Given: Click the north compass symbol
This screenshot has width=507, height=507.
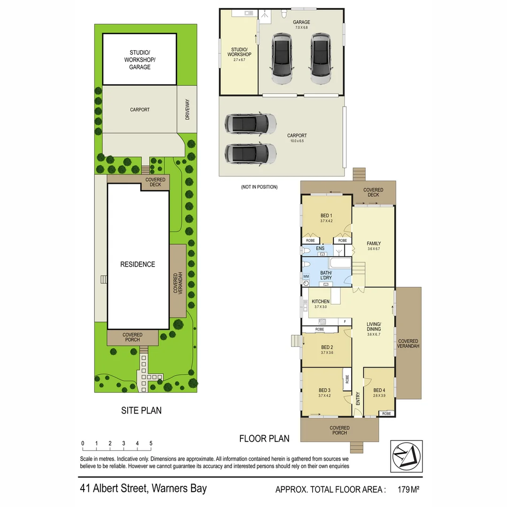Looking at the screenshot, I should pyautogui.click(x=406, y=456).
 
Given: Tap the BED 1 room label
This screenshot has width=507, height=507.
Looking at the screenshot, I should pyautogui.click(x=326, y=215).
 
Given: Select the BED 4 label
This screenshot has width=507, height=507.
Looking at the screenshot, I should pyautogui.click(x=379, y=390).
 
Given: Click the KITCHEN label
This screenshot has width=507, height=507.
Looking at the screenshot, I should pyautogui.click(x=321, y=301).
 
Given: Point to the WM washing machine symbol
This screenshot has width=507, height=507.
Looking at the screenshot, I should pyautogui.click(x=306, y=277).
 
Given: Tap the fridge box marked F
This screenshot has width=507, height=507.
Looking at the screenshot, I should pyautogui.click(x=345, y=322).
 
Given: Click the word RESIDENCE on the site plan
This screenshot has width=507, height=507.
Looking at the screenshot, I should pyautogui.click(x=138, y=264).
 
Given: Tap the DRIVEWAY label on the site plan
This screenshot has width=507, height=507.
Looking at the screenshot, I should pyautogui.click(x=187, y=109).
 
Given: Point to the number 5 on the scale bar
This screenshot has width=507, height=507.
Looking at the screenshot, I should pyautogui.click(x=151, y=443).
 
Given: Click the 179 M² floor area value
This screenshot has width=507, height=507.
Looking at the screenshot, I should pyautogui.click(x=408, y=490).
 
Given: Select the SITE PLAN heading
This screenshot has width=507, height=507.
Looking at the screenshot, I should pyautogui.click(x=141, y=410).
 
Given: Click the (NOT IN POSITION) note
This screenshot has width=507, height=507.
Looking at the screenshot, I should pyautogui.click(x=259, y=187).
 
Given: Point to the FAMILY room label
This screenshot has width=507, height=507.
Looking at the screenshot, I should pyautogui.click(x=374, y=244).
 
